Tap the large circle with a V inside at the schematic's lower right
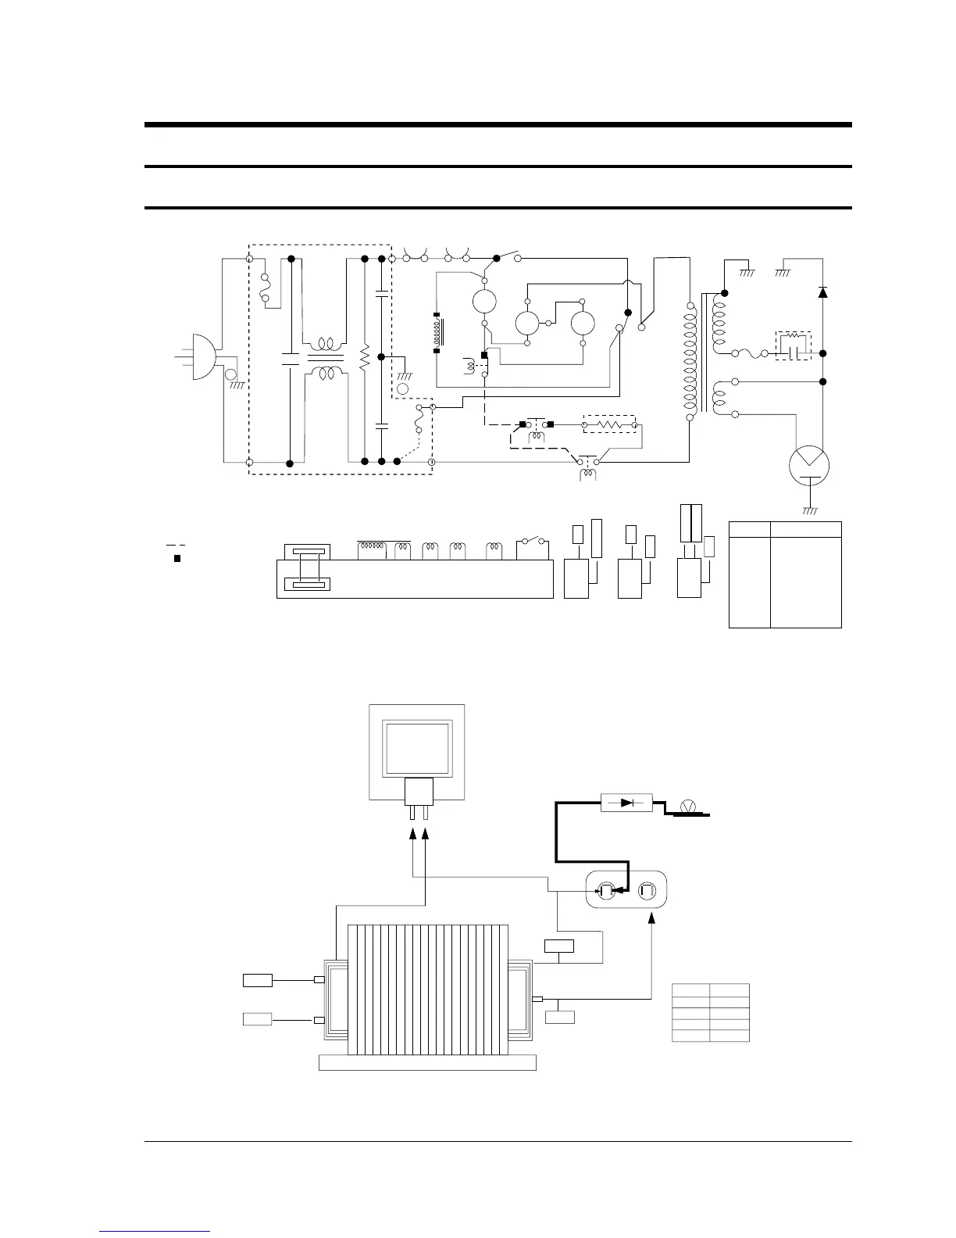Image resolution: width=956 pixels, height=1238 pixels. (x=809, y=465)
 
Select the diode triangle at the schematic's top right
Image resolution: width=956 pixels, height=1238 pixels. (x=822, y=292)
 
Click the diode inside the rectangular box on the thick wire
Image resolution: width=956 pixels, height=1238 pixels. (x=626, y=803)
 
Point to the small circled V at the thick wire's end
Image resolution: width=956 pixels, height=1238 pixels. (x=688, y=806)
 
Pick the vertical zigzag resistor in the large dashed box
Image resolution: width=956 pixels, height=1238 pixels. (x=364, y=358)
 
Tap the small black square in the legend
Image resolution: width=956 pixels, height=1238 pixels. (x=177, y=559)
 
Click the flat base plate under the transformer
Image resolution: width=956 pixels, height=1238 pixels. (x=428, y=1063)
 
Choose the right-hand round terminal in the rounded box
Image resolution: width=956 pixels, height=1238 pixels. (x=647, y=890)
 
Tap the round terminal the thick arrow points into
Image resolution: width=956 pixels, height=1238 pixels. (x=606, y=890)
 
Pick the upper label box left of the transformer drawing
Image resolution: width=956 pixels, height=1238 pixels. (x=257, y=980)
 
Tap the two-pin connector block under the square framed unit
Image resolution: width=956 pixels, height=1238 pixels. (x=419, y=796)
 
